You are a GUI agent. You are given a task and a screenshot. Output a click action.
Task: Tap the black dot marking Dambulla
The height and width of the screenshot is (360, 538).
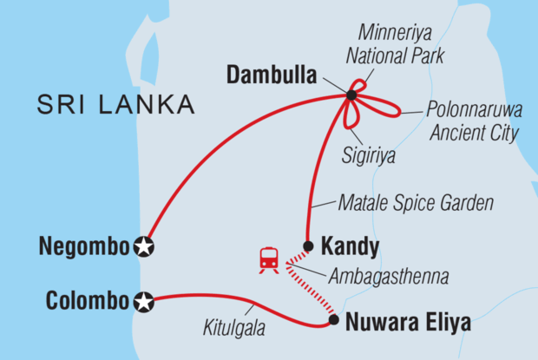pyautogui.click(x=351, y=95)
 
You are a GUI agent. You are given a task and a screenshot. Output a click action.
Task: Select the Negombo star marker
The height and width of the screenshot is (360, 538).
pyautogui.click(x=145, y=247)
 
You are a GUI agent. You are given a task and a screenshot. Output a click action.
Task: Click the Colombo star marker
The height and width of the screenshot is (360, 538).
pyautogui.click(x=145, y=303)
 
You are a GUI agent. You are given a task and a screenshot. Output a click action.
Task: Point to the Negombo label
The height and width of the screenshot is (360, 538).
pyautogui.click(x=84, y=247)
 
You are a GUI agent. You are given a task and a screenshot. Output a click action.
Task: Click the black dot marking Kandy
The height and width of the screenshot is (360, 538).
pyautogui.click(x=308, y=245)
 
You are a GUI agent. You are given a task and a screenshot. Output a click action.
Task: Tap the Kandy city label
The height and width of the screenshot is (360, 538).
pyautogui.click(x=350, y=247)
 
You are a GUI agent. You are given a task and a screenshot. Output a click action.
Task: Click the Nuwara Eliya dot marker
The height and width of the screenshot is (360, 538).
pyautogui.click(x=333, y=320)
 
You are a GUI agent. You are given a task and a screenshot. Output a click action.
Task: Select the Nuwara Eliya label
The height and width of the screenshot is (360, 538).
pyautogui.click(x=408, y=324)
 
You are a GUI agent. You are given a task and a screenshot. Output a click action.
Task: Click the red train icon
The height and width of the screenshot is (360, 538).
pyautogui.click(x=269, y=259)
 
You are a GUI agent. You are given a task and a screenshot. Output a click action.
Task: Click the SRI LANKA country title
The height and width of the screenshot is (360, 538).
pyautogui.click(x=115, y=106)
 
